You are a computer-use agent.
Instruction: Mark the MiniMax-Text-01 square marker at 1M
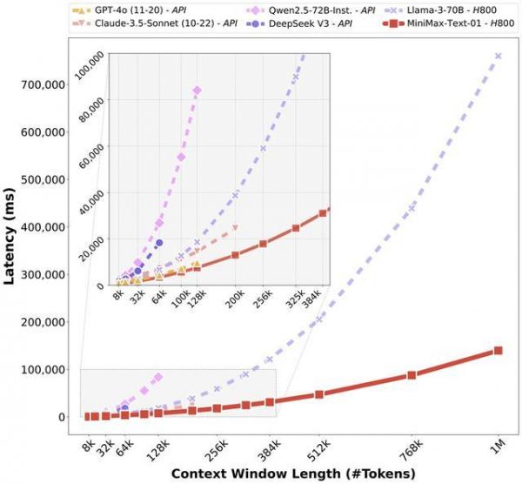(x=499, y=350)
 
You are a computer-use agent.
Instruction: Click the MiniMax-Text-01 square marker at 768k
(x=412, y=375)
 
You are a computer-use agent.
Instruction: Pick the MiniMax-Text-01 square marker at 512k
(x=319, y=394)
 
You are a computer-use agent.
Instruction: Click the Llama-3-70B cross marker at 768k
(x=412, y=208)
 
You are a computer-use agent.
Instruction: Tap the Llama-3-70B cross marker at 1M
(x=499, y=56)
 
